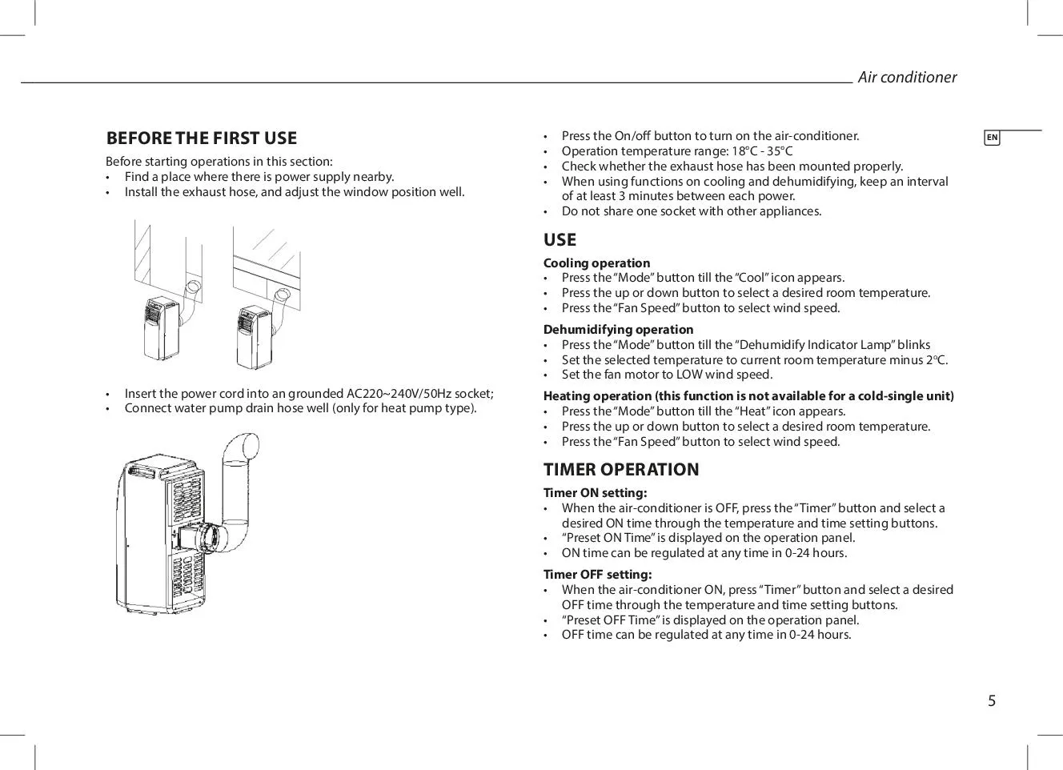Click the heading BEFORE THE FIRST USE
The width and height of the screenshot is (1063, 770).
coord(202,138)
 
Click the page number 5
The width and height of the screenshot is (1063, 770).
coord(992,701)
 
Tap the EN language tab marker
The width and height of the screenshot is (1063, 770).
coord(992,138)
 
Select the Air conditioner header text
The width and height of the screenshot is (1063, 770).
coord(907,77)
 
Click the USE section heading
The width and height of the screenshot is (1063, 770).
coord(560,240)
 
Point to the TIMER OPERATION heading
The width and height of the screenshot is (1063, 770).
coord(621,470)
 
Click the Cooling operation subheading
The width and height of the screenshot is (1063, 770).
coord(596,263)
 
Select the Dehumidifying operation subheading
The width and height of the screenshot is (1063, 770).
coord(618,329)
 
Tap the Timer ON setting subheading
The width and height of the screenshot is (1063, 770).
coord(595,493)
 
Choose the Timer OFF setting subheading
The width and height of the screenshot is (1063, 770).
coord(597,574)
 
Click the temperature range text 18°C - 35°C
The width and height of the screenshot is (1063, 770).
coord(762,151)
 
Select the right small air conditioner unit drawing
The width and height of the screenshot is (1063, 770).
coord(252,336)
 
